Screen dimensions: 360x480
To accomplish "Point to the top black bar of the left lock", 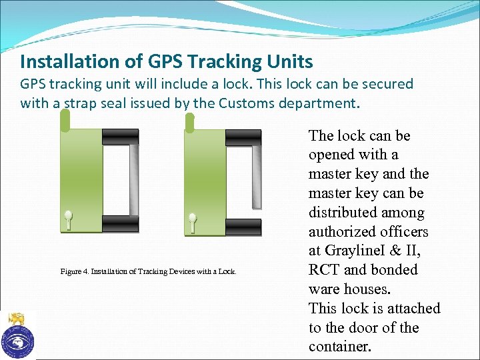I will tap(120, 137).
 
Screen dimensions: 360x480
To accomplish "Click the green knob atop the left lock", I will tap(65, 120).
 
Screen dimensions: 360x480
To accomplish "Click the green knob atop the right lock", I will tap(189, 123).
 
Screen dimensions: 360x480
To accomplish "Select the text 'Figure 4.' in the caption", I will tap(74, 271).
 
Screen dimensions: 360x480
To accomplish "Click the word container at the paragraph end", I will tap(340, 347).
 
